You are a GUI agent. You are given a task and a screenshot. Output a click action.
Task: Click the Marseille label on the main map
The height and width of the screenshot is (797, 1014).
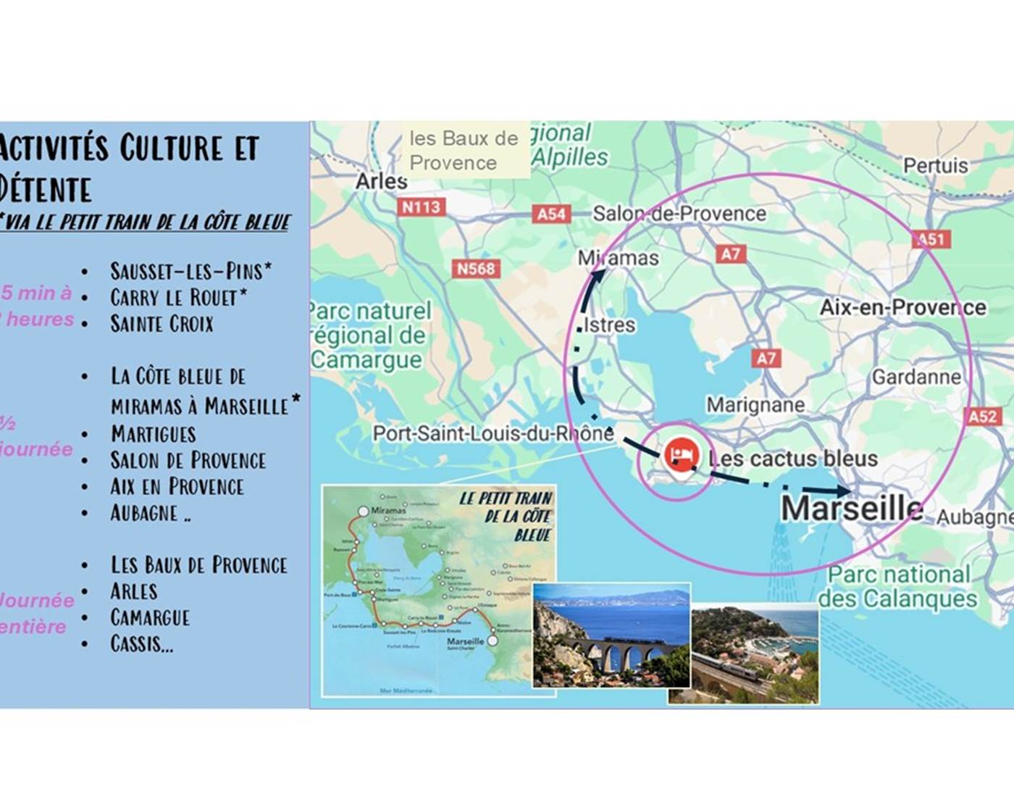click(852, 509)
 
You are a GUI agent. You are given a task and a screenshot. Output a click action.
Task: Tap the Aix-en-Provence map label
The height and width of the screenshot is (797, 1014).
click(902, 307)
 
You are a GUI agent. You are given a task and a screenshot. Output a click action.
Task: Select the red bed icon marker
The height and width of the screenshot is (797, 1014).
click(680, 455)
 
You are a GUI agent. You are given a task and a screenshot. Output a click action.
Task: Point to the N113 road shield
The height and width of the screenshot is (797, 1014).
click(421, 207)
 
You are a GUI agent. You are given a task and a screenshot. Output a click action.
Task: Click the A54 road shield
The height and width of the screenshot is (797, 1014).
click(551, 214)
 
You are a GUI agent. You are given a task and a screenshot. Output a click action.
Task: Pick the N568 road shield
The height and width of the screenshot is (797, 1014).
click(475, 269)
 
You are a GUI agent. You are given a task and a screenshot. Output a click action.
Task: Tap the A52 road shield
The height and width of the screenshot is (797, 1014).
click(982, 417)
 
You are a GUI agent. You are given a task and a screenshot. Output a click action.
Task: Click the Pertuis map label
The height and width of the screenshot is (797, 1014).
click(935, 166)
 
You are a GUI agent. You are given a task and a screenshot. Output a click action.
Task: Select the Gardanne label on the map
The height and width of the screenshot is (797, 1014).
click(915, 377)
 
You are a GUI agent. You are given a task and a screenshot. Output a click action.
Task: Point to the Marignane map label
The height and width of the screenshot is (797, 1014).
click(755, 404)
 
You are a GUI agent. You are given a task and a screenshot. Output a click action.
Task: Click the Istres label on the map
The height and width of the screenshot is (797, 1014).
click(609, 325)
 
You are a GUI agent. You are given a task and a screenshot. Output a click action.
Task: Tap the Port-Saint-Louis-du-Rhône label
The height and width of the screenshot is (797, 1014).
click(493, 433)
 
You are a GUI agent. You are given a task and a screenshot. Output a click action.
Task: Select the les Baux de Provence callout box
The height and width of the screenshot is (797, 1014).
click(464, 151)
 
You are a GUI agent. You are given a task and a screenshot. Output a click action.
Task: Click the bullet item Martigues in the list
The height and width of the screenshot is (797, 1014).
click(153, 434)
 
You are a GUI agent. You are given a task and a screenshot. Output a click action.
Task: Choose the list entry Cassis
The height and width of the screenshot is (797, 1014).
click(142, 643)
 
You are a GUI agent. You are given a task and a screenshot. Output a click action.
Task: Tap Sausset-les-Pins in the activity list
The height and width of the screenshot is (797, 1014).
click(190, 271)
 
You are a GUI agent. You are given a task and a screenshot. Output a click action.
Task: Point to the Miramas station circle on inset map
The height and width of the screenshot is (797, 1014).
click(364, 512)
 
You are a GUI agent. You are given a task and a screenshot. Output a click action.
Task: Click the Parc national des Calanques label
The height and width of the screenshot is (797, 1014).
click(898, 587)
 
